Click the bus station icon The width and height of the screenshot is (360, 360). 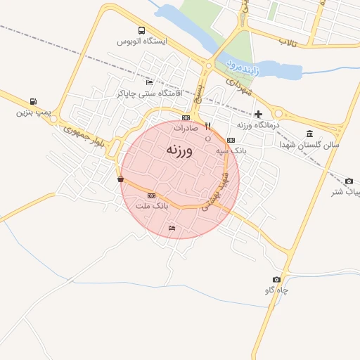tap(142, 31)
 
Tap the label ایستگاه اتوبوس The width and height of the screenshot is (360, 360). tap(143, 41)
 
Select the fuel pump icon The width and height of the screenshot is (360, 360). tap(34, 101)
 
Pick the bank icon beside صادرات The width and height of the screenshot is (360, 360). tap(186, 117)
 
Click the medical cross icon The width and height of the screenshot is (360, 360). tap(258, 114)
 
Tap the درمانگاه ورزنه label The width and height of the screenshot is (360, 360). tap(258, 124)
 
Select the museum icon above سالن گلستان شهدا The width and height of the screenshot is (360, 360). tap(310, 134)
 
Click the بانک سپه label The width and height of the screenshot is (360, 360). tap(231, 150)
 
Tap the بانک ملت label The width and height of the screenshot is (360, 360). tap(152, 205)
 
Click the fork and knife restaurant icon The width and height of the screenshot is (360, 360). tap(207, 127)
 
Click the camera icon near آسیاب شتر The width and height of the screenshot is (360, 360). tap(349, 181)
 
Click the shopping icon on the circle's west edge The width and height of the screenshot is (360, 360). tap(121, 179)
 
